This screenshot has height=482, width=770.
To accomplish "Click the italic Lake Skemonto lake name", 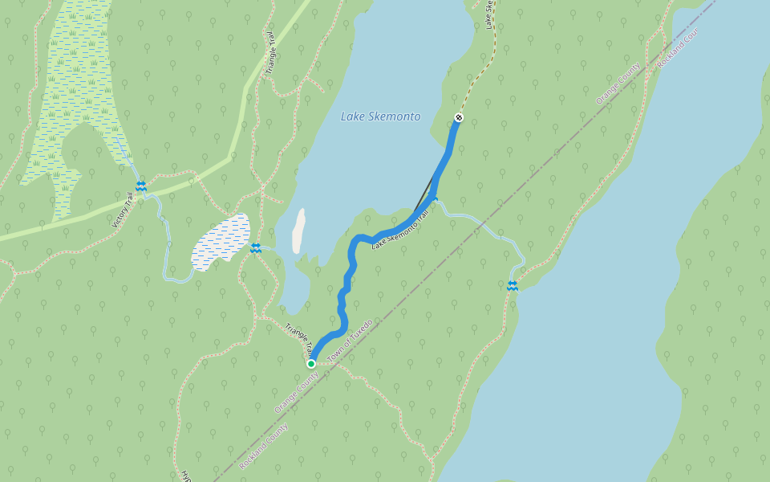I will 380,116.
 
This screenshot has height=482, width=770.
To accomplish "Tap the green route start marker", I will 311,364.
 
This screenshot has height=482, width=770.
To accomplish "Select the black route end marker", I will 459,118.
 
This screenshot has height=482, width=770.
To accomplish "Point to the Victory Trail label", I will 121,210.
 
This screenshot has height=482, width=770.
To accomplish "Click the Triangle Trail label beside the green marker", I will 298,339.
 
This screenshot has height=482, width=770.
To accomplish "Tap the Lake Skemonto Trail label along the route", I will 401,229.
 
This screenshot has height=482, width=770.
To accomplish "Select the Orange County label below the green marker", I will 296,392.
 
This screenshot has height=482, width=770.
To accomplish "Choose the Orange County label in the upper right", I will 618,84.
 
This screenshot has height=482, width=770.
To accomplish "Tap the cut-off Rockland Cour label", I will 678,47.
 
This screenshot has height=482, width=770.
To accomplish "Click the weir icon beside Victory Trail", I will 141,186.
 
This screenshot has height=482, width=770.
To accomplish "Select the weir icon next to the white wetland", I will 255,248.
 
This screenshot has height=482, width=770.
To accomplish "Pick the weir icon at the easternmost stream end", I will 512,286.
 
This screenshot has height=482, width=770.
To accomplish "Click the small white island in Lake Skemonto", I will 298,231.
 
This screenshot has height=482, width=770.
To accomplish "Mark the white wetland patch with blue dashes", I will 221,241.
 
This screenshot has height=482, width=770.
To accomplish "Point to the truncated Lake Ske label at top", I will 488,14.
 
